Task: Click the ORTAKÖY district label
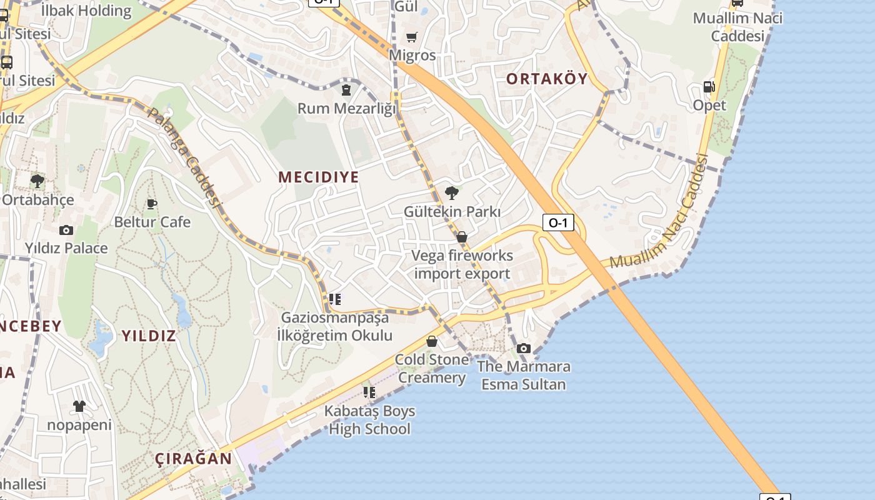point(547,79)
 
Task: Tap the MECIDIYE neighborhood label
point(319,177)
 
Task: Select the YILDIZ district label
point(148,336)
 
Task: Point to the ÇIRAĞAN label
point(193,458)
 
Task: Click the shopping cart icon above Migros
point(411,37)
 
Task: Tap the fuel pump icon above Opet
point(709,87)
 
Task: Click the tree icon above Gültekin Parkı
point(452,192)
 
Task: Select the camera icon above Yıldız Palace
point(66,230)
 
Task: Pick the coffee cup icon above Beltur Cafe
point(151,204)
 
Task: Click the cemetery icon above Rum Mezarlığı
point(346,90)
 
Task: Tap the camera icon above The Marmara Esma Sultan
point(524,348)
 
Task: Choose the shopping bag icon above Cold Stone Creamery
point(431,341)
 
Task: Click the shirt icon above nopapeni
point(79,406)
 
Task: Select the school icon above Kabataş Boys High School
point(369,392)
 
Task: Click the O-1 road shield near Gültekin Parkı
point(557,222)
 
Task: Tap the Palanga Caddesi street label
point(185,158)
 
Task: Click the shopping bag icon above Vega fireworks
point(462,237)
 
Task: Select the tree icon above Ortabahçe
point(37,181)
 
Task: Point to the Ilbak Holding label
point(86,11)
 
